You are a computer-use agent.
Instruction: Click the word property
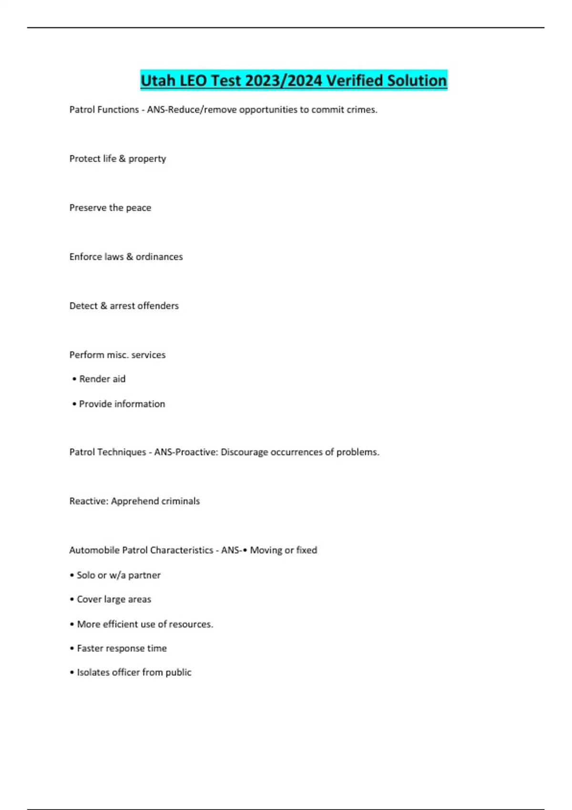tap(147, 159)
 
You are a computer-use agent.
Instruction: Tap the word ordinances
tap(159, 257)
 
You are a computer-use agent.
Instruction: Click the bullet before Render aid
tap(74, 379)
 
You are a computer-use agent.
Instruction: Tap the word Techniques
tap(122, 452)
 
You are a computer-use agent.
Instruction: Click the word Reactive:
tap(89, 501)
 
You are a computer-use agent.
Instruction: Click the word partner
tap(144, 576)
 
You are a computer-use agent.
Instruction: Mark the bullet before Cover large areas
tap(72, 600)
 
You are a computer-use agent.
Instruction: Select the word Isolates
tap(93, 673)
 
